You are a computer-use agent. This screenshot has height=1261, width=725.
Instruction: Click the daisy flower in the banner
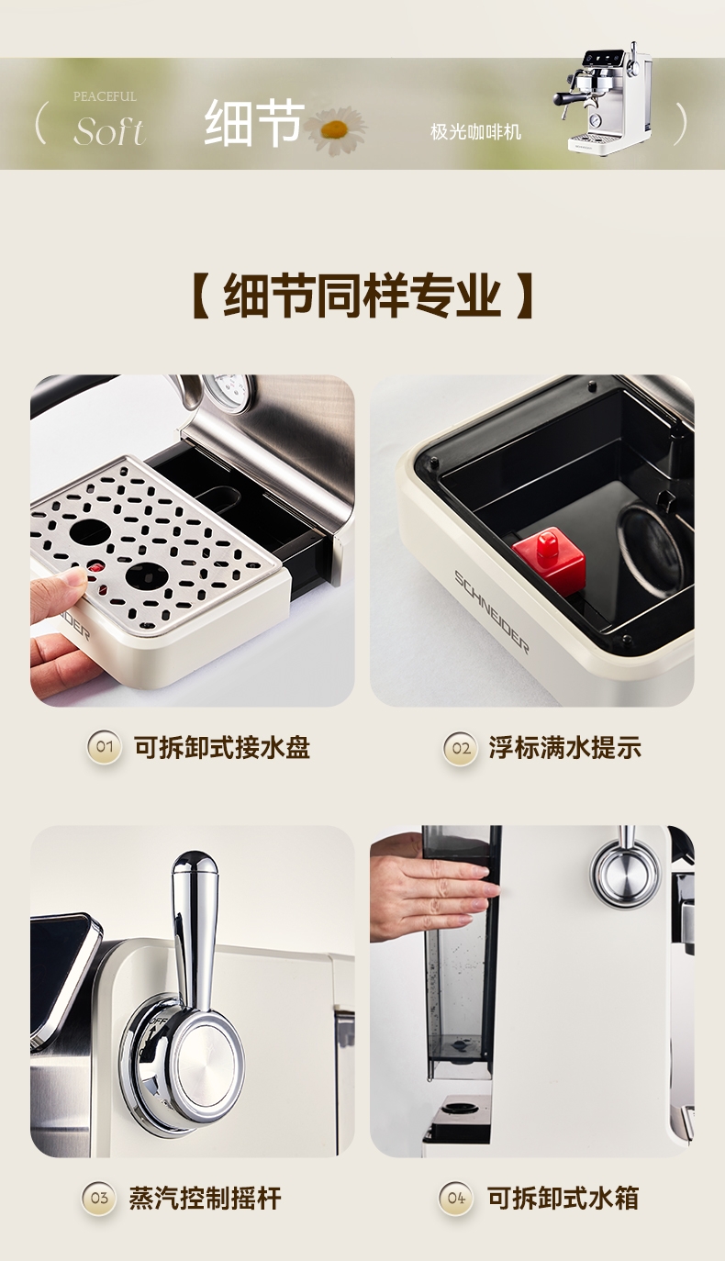pos(336,130)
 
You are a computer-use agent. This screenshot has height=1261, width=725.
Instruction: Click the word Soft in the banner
pos(110,132)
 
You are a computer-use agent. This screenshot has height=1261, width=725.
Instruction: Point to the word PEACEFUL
pos(105,96)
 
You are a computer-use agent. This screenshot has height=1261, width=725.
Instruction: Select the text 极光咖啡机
pos(475,132)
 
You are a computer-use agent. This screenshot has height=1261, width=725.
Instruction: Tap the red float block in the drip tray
pos(549,560)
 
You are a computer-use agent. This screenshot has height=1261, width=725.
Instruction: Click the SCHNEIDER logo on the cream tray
pos(491,611)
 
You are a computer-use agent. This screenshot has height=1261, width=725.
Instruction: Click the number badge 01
pos(104,747)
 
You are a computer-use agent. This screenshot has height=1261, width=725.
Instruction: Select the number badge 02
pos(461,748)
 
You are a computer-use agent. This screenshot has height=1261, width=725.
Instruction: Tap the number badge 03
pos(99,1198)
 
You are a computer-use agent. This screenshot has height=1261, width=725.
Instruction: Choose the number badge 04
pos(456,1198)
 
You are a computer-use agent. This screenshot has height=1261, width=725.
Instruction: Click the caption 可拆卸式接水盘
pos(222,748)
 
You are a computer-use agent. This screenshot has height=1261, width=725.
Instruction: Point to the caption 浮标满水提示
pos(565,748)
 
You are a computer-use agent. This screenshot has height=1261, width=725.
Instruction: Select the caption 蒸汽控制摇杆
pos(205,1198)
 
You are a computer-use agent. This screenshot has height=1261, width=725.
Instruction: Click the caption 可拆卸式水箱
pos(563,1198)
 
